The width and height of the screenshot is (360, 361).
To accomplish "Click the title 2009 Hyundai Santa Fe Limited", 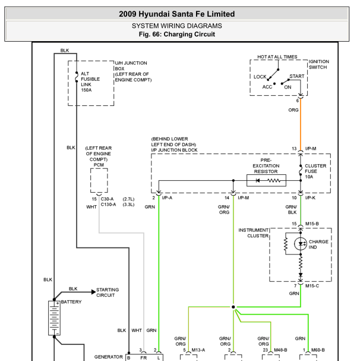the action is coord(176,14).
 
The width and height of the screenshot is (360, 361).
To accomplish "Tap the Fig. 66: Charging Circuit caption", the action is coord(176,34).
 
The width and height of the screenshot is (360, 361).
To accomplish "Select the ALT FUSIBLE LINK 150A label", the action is coord(90,81).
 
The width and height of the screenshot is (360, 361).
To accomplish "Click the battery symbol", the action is coord(54,318).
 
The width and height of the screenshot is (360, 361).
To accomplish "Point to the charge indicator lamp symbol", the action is coord(301,244).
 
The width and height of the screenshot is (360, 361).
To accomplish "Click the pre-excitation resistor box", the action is coord(266,180).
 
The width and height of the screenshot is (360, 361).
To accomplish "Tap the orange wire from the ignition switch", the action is coord(301,124).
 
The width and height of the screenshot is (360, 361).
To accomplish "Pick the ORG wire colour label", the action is coord(293,110).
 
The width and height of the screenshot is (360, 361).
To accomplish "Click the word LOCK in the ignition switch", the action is coord(260,77).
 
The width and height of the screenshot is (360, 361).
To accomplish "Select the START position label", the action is coord(297,76).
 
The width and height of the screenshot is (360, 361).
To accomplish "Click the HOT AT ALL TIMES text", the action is coord(277,56).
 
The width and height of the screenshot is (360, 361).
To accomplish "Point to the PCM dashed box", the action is coord(99,180).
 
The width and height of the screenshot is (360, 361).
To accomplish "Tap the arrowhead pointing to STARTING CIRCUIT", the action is coord(93,292).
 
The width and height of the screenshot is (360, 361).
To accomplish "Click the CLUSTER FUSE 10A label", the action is coord(315,171).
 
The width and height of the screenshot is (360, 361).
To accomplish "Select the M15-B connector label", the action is coord(312,224).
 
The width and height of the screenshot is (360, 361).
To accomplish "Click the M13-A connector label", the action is coord(198,350).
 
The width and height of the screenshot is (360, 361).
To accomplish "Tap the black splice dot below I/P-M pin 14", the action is coord(233,307).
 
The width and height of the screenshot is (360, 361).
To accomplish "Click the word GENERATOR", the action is coord(108,357).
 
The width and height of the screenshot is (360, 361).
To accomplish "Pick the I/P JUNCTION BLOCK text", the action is coord(174,150).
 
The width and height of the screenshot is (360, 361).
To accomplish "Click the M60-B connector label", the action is coord(318,350).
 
